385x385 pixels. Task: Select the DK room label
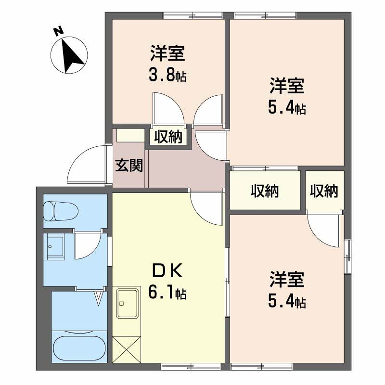click(167, 272)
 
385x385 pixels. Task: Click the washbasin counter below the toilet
click(58, 248)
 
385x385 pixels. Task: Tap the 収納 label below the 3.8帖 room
click(168, 137)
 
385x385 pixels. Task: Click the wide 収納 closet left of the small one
click(265, 191)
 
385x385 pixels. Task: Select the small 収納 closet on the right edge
click(324, 191)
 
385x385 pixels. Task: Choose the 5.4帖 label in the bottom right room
click(286, 302)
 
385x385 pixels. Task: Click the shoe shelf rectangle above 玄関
click(130, 135)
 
